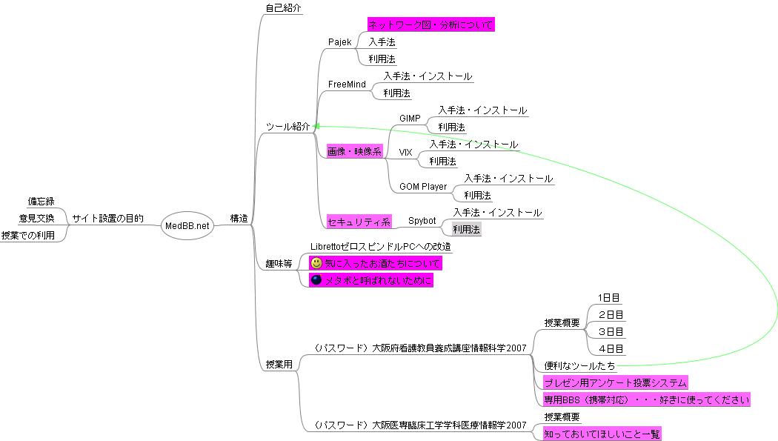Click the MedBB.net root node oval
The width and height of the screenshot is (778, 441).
click(x=187, y=225)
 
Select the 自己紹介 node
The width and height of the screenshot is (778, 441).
click(x=284, y=8)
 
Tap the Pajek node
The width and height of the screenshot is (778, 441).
click(x=339, y=42)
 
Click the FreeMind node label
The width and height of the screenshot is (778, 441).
click(x=347, y=84)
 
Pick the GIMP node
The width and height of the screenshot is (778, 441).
click(x=410, y=119)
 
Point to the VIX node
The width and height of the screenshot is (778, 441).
click(x=405, y=152)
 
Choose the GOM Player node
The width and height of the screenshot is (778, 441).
click(x=423, y=187)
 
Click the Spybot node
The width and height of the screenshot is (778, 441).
click(x=422, y=221)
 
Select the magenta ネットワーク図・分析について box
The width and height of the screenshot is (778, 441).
click(x=430, y=25)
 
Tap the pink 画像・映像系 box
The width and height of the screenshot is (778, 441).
click(x=354, y=152)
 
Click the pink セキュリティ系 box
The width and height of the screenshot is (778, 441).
click(x=359, y=221)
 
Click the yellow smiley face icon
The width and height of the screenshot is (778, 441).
click(x=316, y=263)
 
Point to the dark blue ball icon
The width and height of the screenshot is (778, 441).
click(x=316, y=280)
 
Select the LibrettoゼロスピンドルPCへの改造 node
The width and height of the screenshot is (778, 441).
click(x=381, y=246)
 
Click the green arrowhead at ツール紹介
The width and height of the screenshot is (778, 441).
click(x=317, y=127)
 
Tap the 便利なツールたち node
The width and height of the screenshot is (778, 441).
click(x=579, y=365)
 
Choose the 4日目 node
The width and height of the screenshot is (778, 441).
click(x=611, y=348)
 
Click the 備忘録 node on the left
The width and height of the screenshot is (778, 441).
click(x=41, y=202)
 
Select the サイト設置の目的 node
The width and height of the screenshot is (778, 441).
click(x=107, y=219)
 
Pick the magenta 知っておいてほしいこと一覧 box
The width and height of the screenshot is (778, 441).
click(x=602, y=434)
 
